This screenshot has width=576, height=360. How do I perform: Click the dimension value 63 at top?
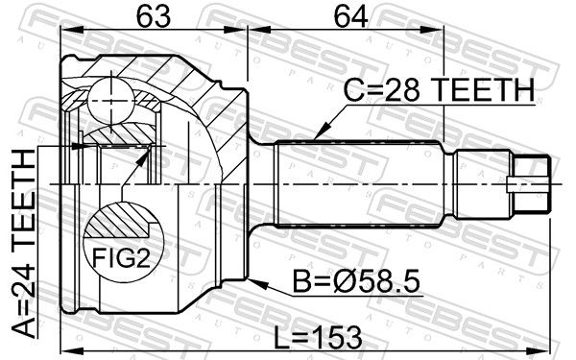[154, 17]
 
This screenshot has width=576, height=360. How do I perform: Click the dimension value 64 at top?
[350, 17]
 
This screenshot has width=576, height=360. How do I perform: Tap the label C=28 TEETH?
[440, 90]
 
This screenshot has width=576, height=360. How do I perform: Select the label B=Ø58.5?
[356, 282]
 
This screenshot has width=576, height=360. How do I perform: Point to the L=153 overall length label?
[319, 338]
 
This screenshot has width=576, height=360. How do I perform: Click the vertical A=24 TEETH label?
[24, 244]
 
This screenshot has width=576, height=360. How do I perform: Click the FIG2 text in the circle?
[121, 257]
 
